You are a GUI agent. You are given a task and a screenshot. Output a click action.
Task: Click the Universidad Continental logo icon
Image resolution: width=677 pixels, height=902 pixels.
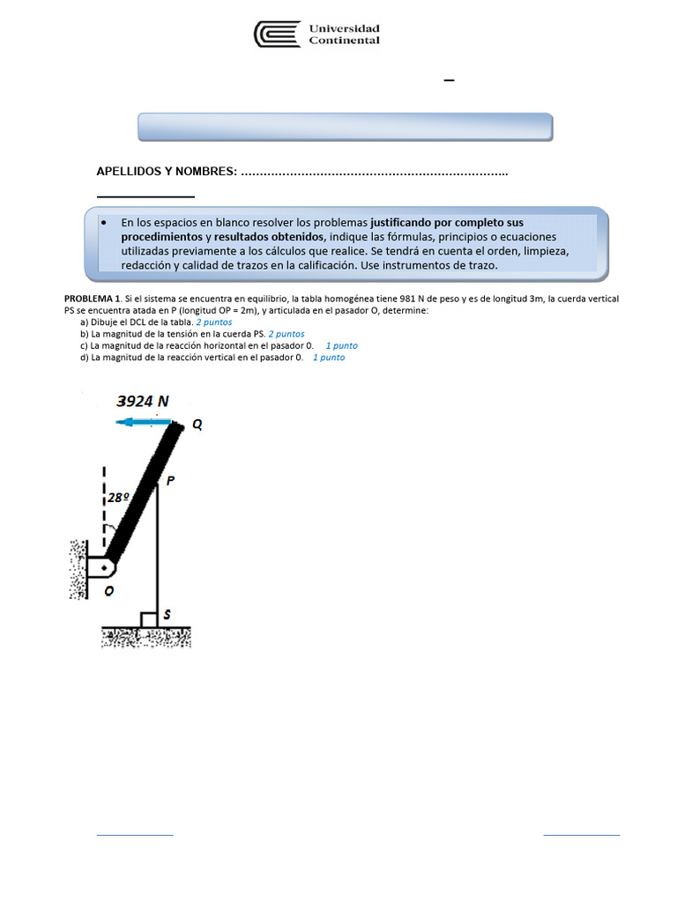[x=276, y=34]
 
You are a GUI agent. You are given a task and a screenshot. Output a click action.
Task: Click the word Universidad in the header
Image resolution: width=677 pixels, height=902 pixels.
[x=344, y=28]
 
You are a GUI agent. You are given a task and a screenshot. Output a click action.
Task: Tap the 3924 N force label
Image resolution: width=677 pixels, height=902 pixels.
[x=143, y=401]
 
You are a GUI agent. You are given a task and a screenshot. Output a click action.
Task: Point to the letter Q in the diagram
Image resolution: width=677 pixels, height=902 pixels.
[x=197, y=425]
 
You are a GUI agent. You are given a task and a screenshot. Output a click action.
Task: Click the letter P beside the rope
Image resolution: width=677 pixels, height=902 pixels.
[x=170, y=481]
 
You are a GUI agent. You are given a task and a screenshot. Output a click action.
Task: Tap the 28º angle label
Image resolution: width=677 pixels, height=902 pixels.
[x=119, y=498]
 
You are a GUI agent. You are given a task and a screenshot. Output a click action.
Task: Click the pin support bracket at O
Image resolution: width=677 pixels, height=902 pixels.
[x=99, y=563]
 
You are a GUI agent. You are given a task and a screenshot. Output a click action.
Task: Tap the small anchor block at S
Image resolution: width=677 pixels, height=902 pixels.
[x=149, y=619]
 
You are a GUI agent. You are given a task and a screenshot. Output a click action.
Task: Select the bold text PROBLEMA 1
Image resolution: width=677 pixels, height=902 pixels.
[x=93, y=299]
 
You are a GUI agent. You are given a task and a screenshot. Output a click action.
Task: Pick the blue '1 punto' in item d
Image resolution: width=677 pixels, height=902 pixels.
[x=328, y=358]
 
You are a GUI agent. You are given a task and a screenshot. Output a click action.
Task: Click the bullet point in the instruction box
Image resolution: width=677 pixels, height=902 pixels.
[x=104, y=224]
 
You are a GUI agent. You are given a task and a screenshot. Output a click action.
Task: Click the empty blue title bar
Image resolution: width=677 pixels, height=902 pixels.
[x=345, y=127]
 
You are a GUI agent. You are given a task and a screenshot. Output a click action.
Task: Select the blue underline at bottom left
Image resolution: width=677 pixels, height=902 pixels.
[x=134, y=833]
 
